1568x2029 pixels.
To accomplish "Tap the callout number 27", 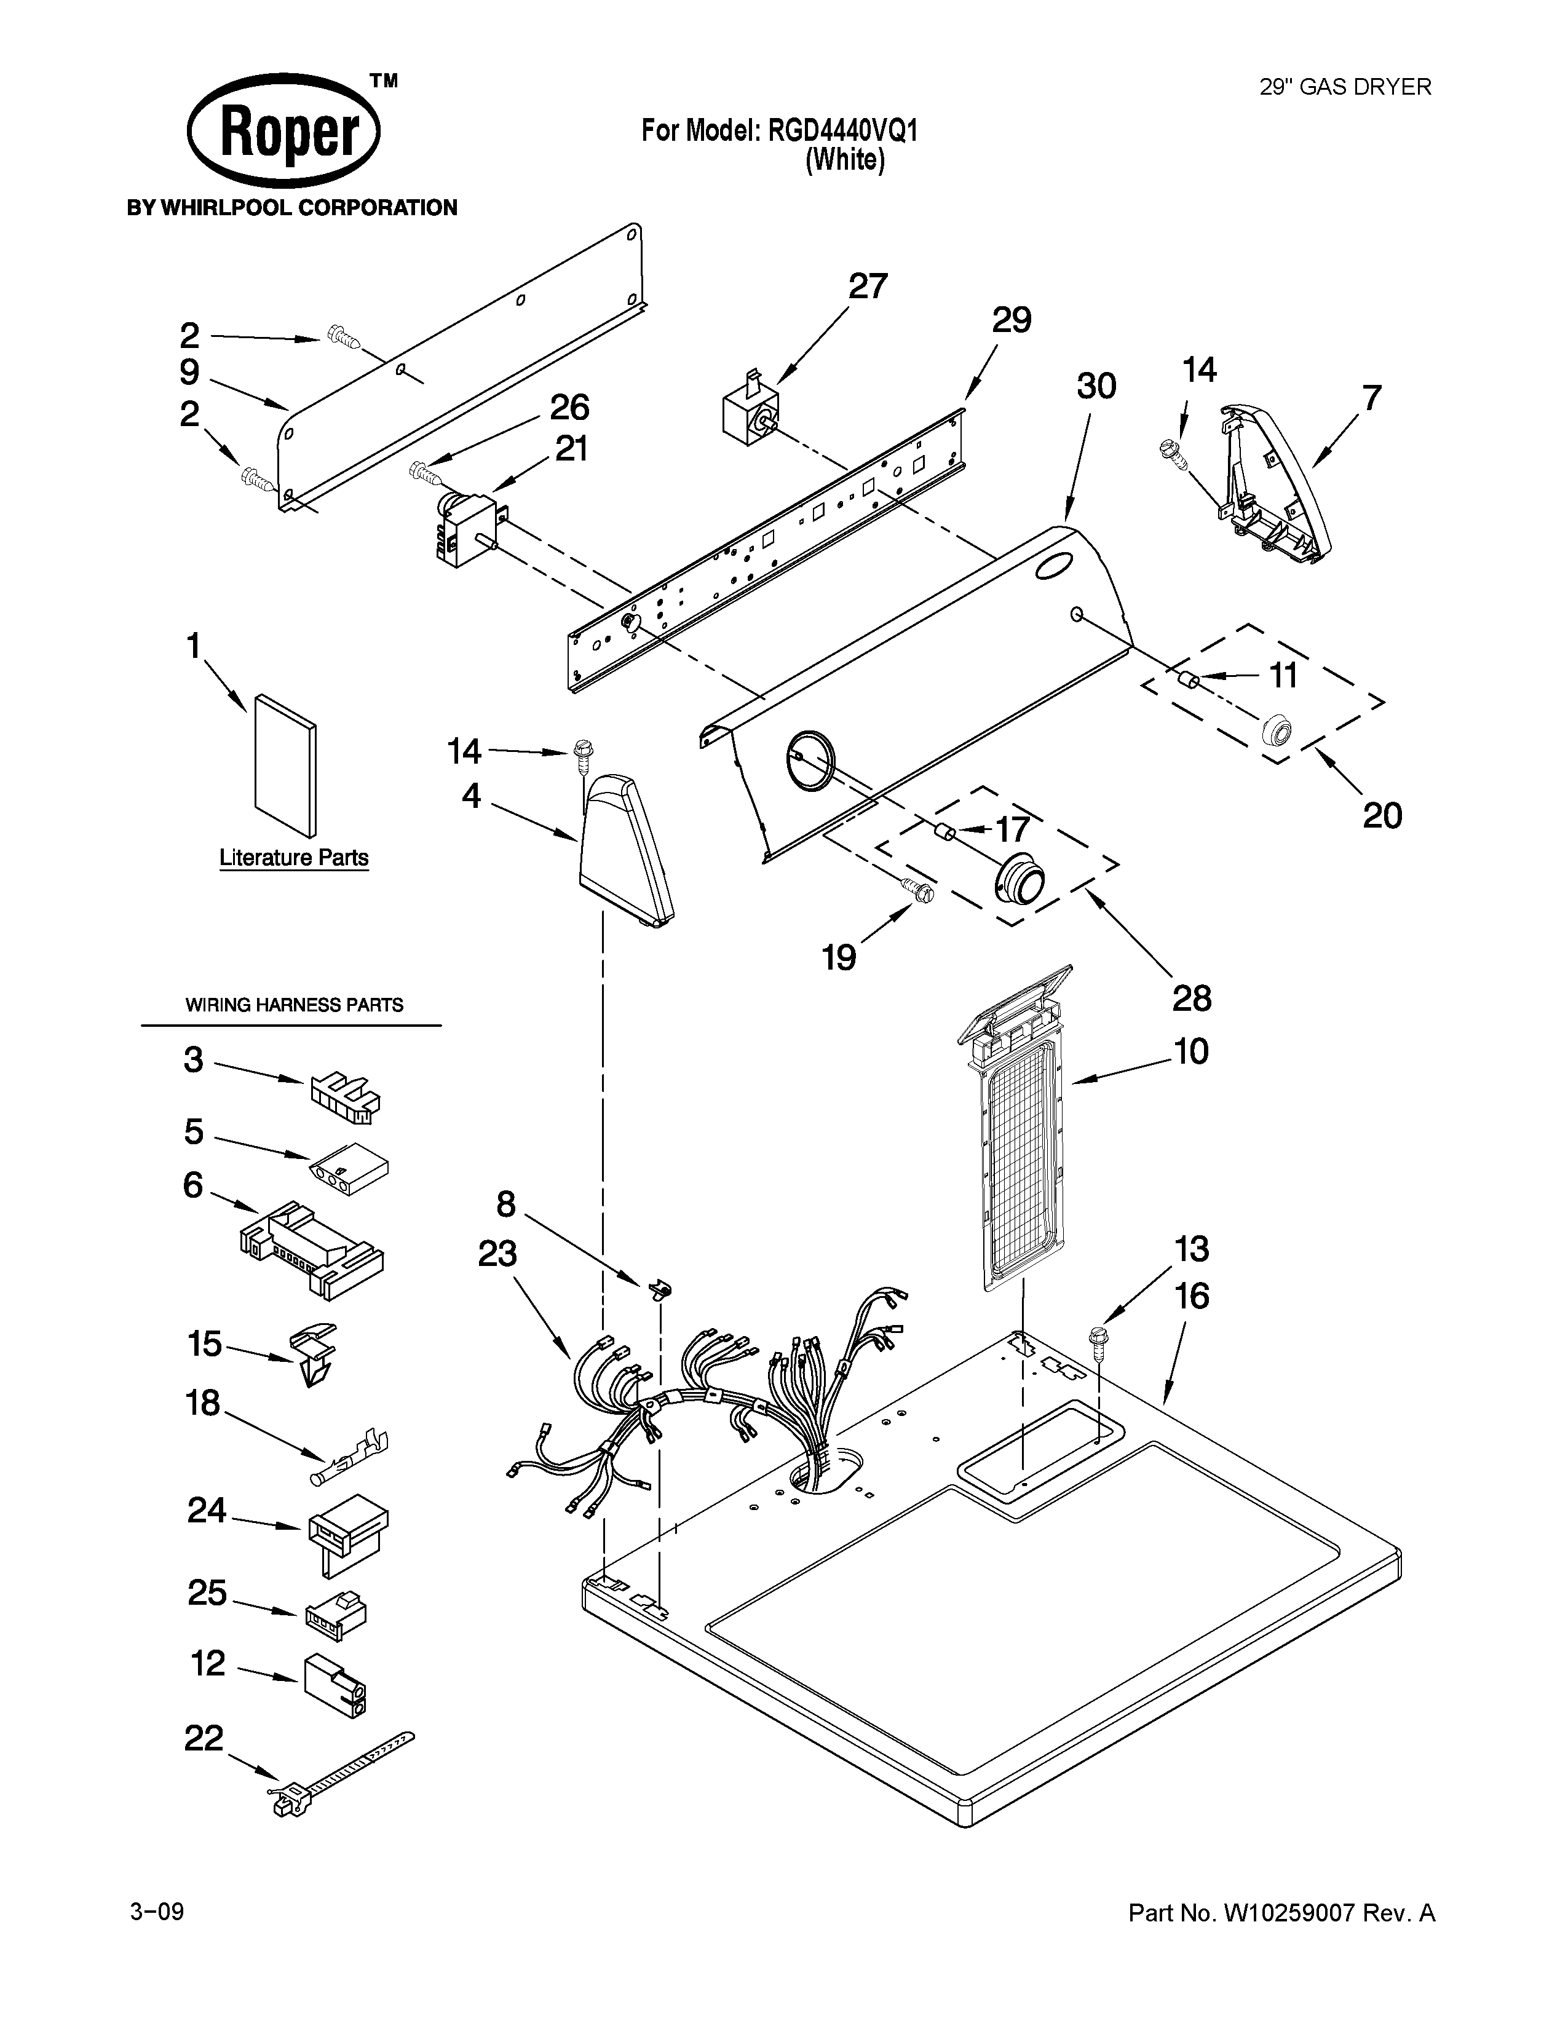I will click(868, 286).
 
